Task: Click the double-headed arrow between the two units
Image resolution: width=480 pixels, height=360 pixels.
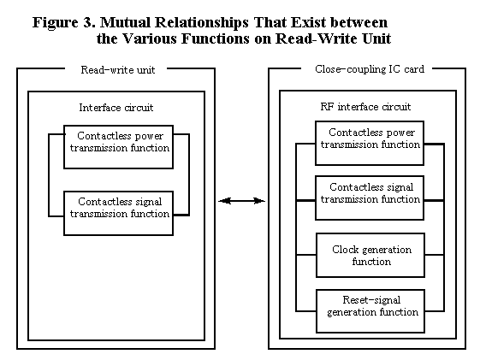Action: [x=241, y=201]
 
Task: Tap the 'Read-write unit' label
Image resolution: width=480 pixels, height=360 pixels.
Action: [x=118, y=70]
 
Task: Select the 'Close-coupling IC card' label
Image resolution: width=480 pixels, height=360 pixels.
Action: [x=370, y=69]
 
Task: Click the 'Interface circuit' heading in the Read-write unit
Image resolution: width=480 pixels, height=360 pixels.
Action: [x=116, y=108]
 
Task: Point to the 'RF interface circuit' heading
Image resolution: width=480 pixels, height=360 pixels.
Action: [x=365, y=106]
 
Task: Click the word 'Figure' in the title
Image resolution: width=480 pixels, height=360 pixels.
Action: [x=56, y=23]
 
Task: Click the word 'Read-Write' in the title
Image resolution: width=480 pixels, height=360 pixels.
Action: [x=317, y=38]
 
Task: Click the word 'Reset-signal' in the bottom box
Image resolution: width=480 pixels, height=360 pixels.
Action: [x=371, y=300]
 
